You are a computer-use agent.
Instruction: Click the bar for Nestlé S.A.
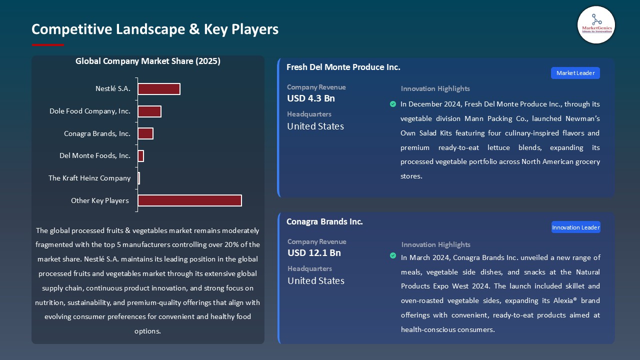tap(159, 89)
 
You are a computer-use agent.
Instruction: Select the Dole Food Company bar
tap(149, 111)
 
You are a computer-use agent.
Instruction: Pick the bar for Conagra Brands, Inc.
tap(145, 133)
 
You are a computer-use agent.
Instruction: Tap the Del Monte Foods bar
tap(141, 156)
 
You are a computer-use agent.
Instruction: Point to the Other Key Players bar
tap(189, 200)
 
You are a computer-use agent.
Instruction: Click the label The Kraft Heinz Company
tap(89, 178)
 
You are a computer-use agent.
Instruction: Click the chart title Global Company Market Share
tap(148, 61)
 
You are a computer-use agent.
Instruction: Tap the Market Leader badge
tap(575, 73)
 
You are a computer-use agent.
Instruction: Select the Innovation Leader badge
tap(575, 227)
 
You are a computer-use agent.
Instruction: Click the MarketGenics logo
tap(596, 24)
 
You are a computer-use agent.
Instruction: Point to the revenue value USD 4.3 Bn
tap(311, 98)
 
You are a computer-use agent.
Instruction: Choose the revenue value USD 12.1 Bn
tap(314, 253)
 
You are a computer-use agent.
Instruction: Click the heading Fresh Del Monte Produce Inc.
tap(343, 67)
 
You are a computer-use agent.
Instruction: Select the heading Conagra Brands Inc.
tap(324, 221)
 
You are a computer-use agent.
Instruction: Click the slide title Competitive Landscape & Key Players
tap(155, 29)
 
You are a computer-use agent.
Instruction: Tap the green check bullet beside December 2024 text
tap(393, 104)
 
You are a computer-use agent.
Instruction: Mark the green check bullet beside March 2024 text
tap(393, 256)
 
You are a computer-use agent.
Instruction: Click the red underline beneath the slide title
tap(48, 45)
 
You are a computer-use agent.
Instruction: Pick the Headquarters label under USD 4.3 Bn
tap(309, 114)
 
